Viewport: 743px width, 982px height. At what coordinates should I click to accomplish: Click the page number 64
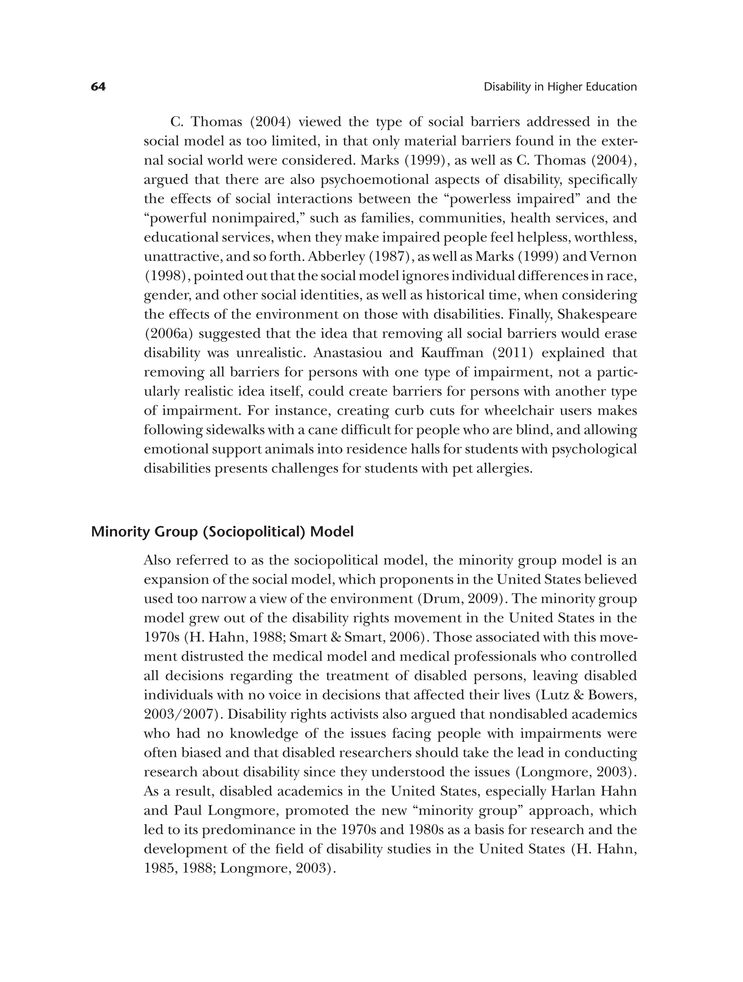[98, 87]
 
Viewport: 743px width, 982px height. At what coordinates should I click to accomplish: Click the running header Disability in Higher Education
[560, 87]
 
